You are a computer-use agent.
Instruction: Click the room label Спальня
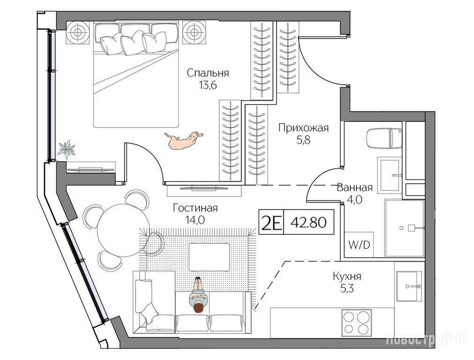click(207, 73)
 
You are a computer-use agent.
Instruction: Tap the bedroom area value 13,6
click(207, 86)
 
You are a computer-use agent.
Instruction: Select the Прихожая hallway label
click(303, 128)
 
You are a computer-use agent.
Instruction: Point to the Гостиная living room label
click(195, 208)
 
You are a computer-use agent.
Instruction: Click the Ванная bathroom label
click(355, 187)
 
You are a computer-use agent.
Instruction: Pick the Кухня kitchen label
click(347, 276)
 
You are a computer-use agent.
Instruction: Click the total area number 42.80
click(308, 223)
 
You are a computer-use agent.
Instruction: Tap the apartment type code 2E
click(271, 223)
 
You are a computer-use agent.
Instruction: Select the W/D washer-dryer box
click(359, 245)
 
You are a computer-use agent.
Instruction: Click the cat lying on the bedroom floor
click(183, 140)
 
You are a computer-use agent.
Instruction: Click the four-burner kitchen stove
click(356, 323)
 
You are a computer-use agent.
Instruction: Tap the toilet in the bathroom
click(384, 138)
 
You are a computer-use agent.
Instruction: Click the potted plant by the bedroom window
click(67, 150)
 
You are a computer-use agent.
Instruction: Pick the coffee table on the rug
click(209, 257)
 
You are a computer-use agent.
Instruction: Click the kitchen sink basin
click(409, 286)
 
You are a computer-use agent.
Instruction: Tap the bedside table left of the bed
click(78, 32)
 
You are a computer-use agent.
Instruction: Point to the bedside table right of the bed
click(194, 32)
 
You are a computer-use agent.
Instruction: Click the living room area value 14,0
click(195, 220)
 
